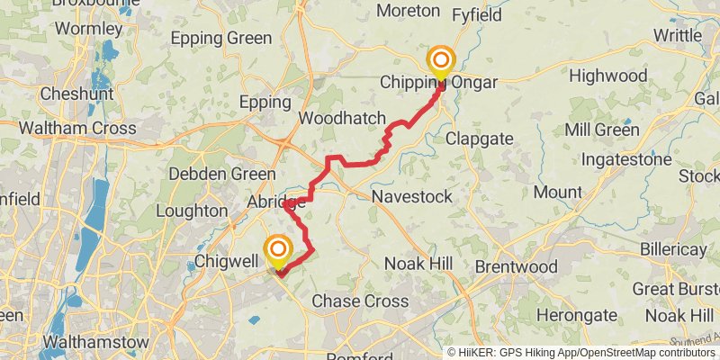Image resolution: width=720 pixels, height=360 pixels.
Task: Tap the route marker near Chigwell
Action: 278,249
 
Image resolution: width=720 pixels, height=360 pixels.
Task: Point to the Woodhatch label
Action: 342,119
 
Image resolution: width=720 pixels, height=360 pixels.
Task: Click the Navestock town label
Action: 411,196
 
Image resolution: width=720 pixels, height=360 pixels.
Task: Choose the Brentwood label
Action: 516,267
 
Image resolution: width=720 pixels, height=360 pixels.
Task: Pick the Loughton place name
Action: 192,211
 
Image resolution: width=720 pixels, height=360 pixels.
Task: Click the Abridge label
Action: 276,203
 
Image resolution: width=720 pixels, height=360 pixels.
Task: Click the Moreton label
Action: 408,11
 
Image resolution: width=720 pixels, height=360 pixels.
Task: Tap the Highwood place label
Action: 608,75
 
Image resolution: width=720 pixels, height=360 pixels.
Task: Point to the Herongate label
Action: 576,315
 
